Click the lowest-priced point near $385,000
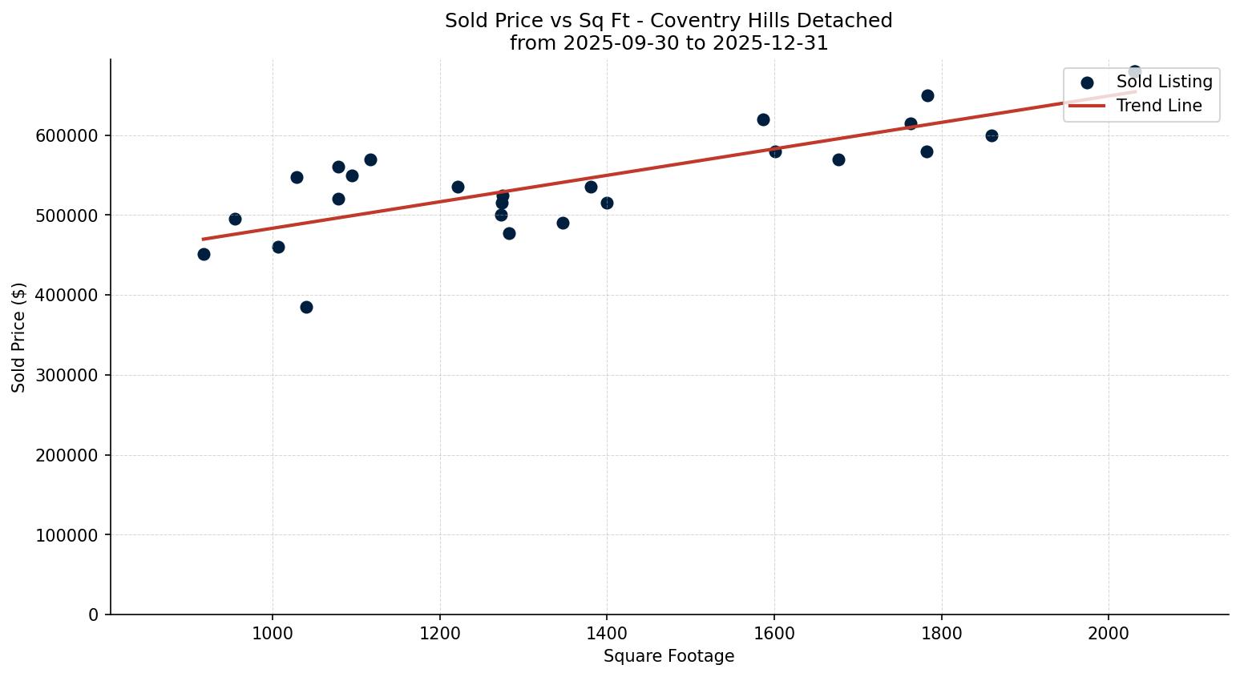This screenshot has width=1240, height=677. [x=306, y=307]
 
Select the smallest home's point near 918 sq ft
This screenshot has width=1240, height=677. [x=204, y=254]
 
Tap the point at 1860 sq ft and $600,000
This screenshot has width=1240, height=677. [x=992, y=135]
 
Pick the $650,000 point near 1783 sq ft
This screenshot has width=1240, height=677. [x=927, y=95]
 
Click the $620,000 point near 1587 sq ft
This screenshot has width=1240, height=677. [x=763, y=119]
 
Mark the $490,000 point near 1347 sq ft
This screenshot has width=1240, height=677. [x=563, y=223]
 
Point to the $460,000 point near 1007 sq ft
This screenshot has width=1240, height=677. [x=278, y=247]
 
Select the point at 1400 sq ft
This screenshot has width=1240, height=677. [x=607, y=203]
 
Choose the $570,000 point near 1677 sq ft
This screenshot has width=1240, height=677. [x=838, y=159]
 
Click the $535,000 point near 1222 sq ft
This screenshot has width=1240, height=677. [x=458, y=187]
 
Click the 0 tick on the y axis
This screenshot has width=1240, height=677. [x=94, y=615]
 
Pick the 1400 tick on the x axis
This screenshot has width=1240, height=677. [x=607, y=633]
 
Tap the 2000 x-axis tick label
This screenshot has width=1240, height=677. [x=1109, y=633]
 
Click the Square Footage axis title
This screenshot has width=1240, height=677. [x=668, y=656]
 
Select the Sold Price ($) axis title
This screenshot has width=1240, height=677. [x=19, y=337]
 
